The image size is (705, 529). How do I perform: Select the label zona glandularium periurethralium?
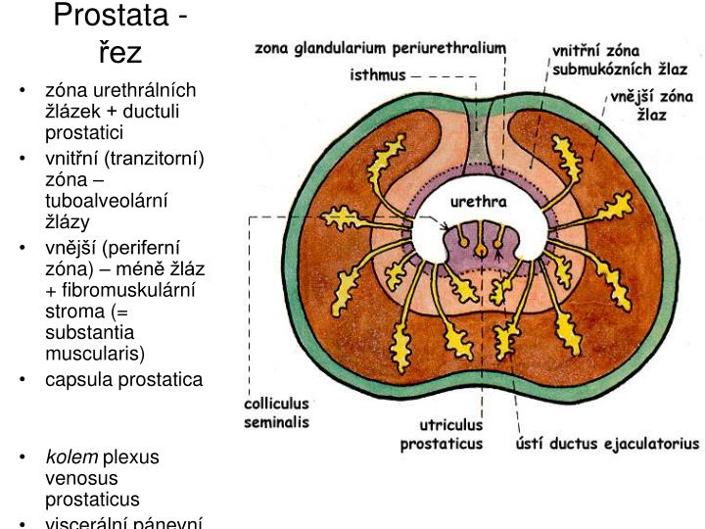[381, 47]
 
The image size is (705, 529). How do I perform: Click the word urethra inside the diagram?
[477, 203]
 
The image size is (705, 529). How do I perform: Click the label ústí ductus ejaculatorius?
[607, 443]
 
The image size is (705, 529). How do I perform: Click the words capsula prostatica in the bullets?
[124, 379]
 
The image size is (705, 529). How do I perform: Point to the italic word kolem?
[71, 457]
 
